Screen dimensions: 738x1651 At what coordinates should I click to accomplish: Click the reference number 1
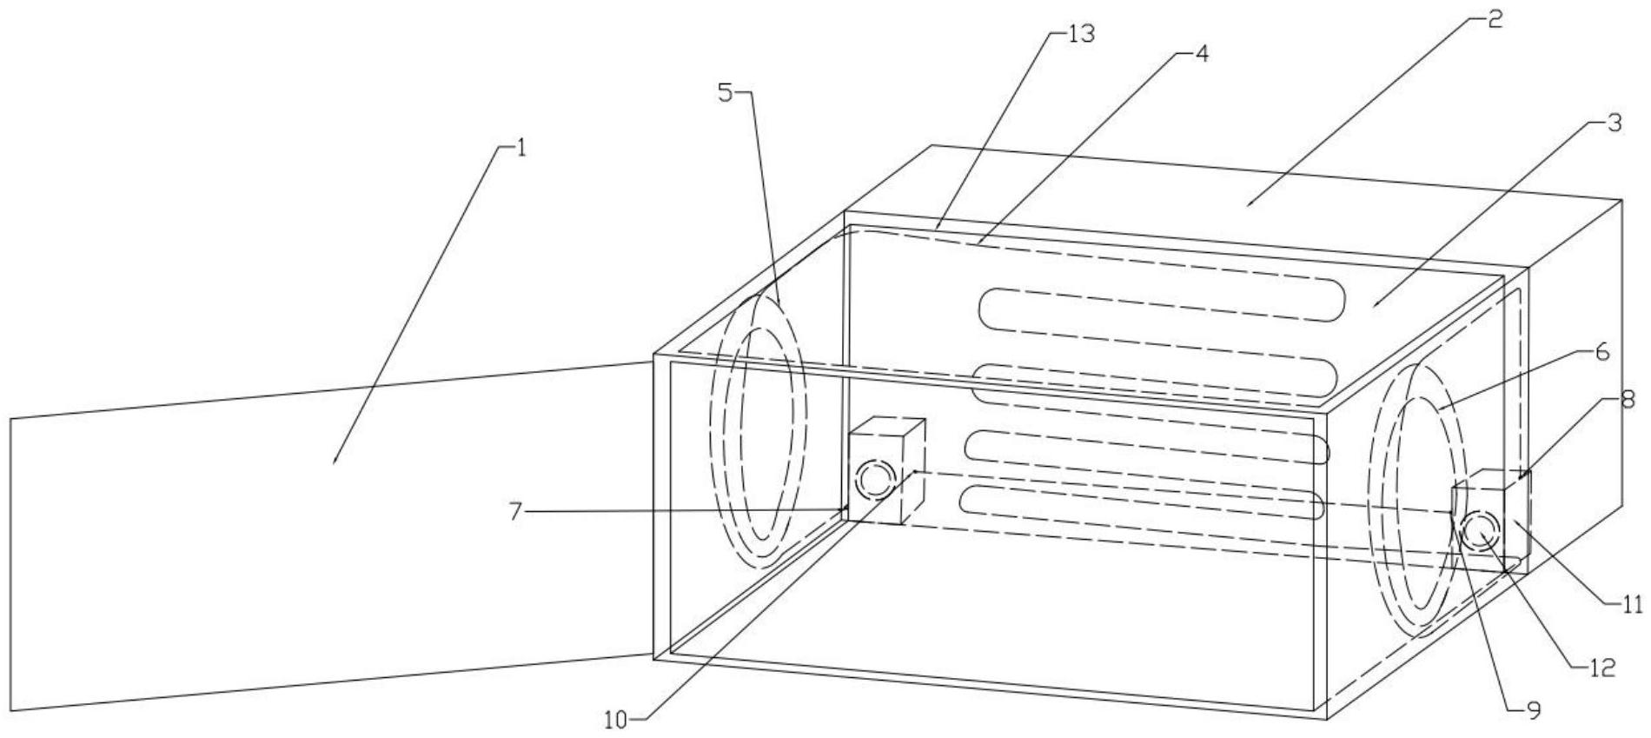[520, 148]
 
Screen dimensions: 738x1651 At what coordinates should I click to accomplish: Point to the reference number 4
[1201, 53]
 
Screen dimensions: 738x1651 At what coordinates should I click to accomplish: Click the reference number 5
[726, 93]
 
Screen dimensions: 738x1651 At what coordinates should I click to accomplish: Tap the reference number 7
[515, 512]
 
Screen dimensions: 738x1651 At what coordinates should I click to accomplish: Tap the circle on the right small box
[1480, 531]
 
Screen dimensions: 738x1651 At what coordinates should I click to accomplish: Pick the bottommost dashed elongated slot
[1138, 502]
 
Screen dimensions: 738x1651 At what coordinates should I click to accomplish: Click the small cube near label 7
[885, 469]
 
